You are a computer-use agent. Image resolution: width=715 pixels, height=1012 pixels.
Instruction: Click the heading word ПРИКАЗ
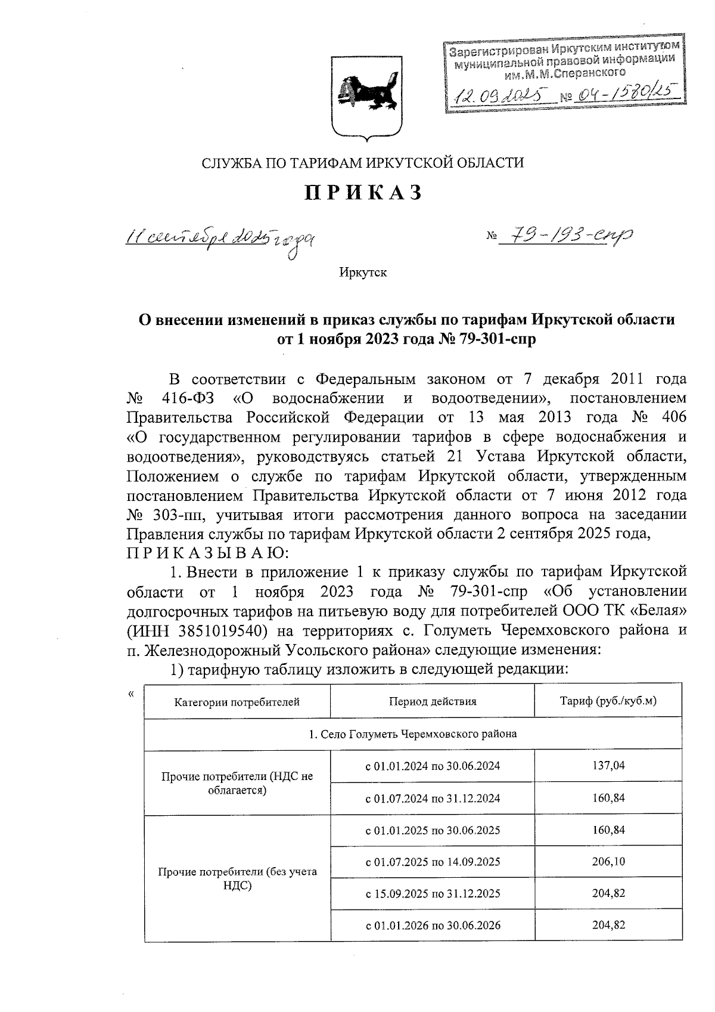363,193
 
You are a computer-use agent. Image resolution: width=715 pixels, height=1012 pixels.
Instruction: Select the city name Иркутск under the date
363,273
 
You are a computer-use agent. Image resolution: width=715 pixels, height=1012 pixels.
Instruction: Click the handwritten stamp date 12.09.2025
501,94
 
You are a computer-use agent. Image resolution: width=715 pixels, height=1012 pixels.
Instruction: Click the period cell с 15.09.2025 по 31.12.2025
433,894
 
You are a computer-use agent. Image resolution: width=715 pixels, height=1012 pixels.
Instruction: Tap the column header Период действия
433,701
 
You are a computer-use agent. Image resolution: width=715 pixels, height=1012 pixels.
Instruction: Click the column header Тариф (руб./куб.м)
608,701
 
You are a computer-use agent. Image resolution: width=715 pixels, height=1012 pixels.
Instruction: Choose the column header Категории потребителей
237,702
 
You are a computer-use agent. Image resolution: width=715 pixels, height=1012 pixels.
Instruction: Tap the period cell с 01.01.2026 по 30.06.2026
433,926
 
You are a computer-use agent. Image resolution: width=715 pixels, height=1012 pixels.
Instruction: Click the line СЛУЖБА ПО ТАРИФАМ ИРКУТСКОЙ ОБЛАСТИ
363,162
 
